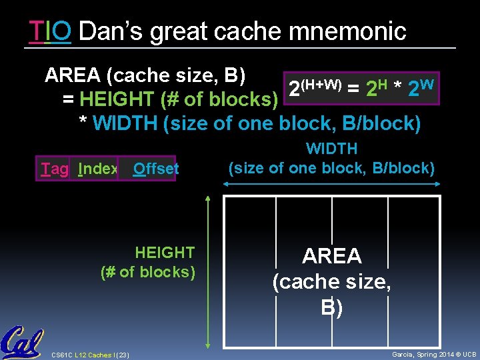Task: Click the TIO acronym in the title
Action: (50, 31)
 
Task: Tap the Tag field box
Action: (54, 169)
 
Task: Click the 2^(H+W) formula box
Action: (361, 89)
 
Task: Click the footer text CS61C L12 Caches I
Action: (90, 354)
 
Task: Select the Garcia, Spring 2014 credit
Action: (433, 354)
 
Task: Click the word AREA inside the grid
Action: (332, 256)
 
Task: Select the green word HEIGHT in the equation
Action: (117, 100)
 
